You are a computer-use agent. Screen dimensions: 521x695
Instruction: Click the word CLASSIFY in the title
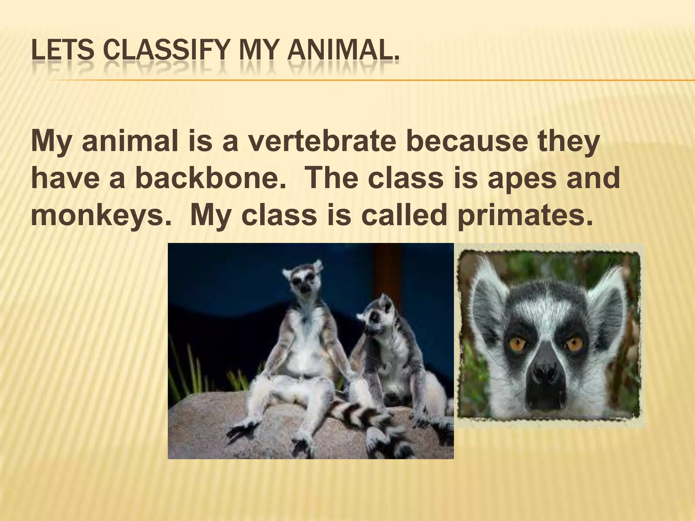point(167,54)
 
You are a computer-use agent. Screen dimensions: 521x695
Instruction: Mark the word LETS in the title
point(62,54)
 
